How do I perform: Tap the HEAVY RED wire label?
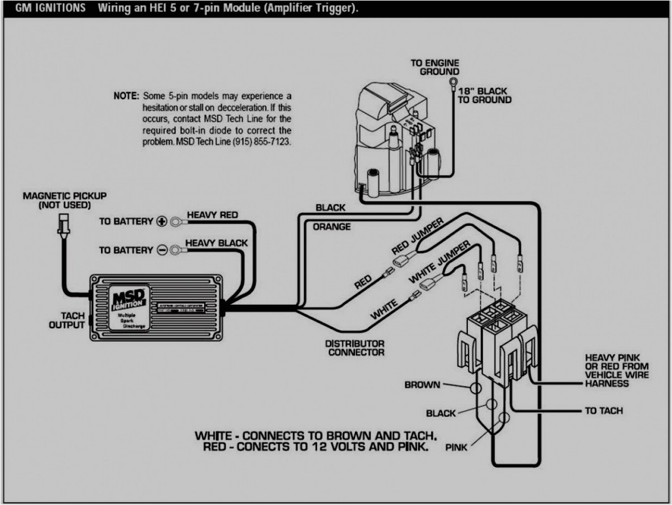point(212,215)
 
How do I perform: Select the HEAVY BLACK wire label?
point(216,243)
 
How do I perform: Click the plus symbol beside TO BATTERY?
point(161,221)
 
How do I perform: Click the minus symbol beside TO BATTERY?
point(161,250)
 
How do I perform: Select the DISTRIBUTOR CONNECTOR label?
point(354,348)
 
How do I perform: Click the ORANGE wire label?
point(332,226)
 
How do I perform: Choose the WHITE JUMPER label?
point(439,261)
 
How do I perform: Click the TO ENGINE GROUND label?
point(435,67)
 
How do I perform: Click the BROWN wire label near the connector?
point(422,385)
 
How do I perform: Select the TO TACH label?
point(603,410)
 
